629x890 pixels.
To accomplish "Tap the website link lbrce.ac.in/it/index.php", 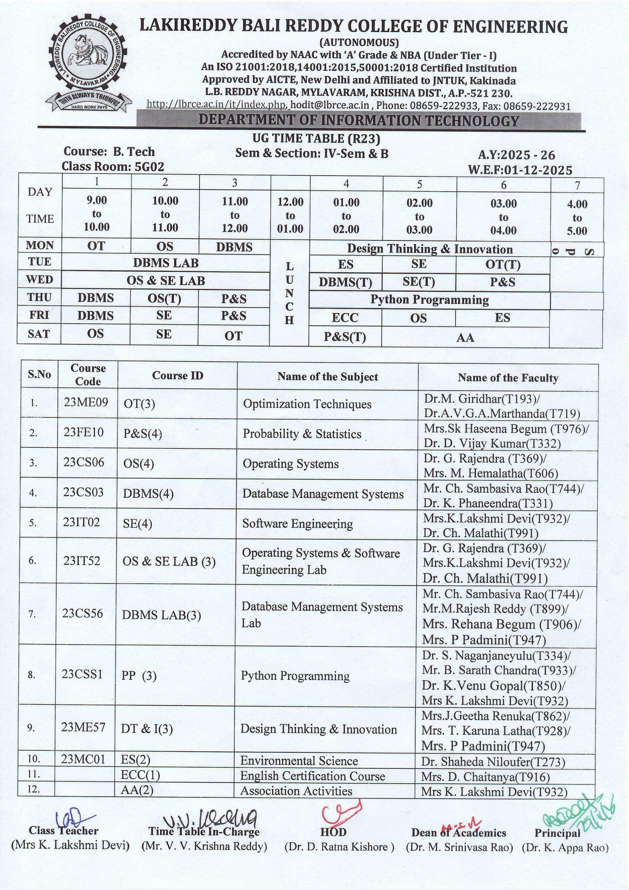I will click(x=217, y=105).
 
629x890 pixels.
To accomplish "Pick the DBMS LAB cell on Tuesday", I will click(x=166, y=263).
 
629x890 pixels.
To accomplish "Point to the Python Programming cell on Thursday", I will click(x=429, y=300).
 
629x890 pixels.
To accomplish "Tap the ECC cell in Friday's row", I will click(x=345, y=318).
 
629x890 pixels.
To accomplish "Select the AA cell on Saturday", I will click(x=465, y=338).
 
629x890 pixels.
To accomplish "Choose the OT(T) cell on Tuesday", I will click(x=503, y=265).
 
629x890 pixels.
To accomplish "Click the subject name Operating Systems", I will click(x=291, y=464).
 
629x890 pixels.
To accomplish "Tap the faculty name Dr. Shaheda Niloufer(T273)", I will click(x=493, y=762).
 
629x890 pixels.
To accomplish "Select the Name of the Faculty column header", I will click(x=508, y=378).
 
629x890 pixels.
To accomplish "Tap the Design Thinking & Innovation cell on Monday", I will click(x=429, y=249).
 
